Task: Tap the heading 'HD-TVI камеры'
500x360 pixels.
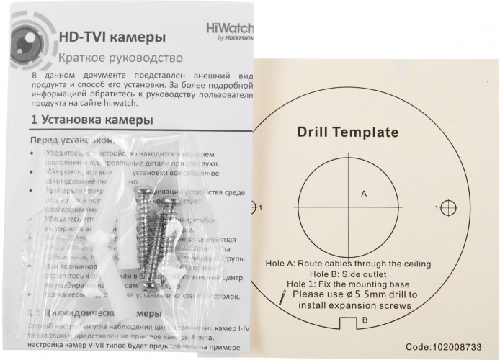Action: (x=108, y=35)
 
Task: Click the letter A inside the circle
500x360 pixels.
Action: (x=363, y=193)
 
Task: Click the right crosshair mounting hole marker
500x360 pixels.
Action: (x=449, y=208)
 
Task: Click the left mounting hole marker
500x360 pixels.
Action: (x=254, y=208)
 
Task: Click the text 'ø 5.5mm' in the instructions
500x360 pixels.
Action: (x=361, y=294)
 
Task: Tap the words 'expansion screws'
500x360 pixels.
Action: (x=376, y=305)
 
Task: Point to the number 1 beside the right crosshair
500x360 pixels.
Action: (x=437, y=208)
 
